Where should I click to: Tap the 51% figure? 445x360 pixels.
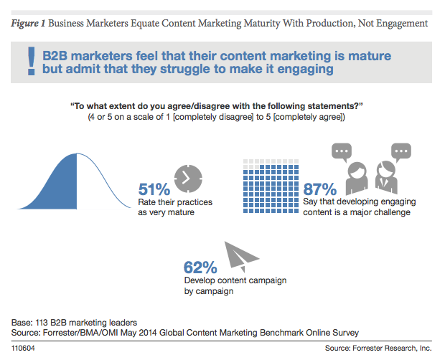point(154,189)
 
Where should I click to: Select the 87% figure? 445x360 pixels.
point(320,189)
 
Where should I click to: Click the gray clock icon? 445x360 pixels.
point(189,180)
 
